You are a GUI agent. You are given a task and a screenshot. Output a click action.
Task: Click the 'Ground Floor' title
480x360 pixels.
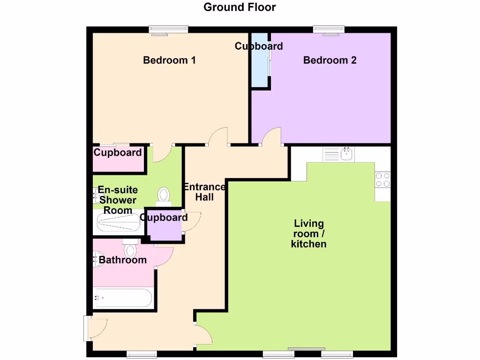240,7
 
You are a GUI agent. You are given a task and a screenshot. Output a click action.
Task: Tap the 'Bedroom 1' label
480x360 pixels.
169,60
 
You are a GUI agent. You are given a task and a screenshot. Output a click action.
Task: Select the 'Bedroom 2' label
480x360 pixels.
330,60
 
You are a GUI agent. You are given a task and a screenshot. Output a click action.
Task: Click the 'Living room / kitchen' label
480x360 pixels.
308,233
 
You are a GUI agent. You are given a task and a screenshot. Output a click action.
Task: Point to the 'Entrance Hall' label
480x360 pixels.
204,192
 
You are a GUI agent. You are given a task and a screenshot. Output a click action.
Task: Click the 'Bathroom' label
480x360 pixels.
123,260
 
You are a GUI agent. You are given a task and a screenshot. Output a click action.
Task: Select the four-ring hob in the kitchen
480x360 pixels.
382,180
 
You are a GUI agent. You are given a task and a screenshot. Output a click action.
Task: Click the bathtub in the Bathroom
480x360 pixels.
122,297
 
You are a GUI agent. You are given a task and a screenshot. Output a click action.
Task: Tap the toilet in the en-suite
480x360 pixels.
164,195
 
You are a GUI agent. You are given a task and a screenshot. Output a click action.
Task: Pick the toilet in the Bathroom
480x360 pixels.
130,248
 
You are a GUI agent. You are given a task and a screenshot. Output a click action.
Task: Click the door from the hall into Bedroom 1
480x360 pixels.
218,137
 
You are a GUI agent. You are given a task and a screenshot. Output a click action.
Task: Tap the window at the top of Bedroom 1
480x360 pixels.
168,30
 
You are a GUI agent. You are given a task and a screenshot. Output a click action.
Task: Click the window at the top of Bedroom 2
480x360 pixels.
329,30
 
